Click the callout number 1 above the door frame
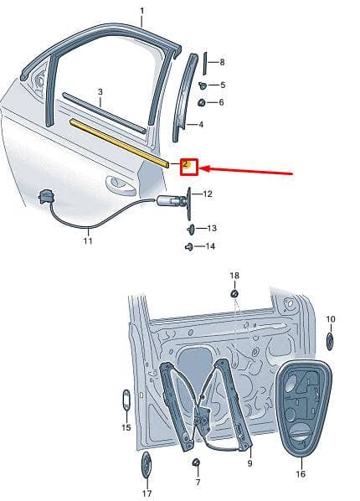tap(142, 11)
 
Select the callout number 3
tap(100, 92)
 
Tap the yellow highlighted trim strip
tap(120, 142)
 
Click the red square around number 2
tap(189, 167)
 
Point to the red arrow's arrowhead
tap(204, 168)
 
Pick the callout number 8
tap(222, 62)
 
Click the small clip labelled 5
tap(203, 85)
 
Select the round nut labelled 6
tap(202, 103)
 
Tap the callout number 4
tap(201, 124)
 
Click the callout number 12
tap(208, 194)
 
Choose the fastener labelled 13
tap(191, 229)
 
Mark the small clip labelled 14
tap(188, 247)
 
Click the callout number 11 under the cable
tap(88, 240)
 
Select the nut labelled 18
tap(234, 293)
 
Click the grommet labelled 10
tap(330, 341)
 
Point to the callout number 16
tap(301, 473)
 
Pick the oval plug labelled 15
tap(126, 399)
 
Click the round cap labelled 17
tap(146, 465)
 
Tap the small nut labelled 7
tap(197, 462)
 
